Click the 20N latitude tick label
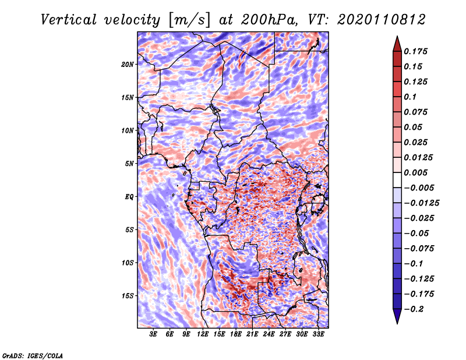coord(128,64)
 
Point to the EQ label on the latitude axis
coord(129,196)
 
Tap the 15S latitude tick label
coord(128,295)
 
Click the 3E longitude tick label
coord(154,334)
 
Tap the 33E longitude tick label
coord(319,334)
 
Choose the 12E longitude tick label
coord(203,334)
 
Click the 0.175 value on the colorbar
coord(417,51)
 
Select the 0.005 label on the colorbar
coord(417,172)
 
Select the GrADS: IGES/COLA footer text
coord(32,355)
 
